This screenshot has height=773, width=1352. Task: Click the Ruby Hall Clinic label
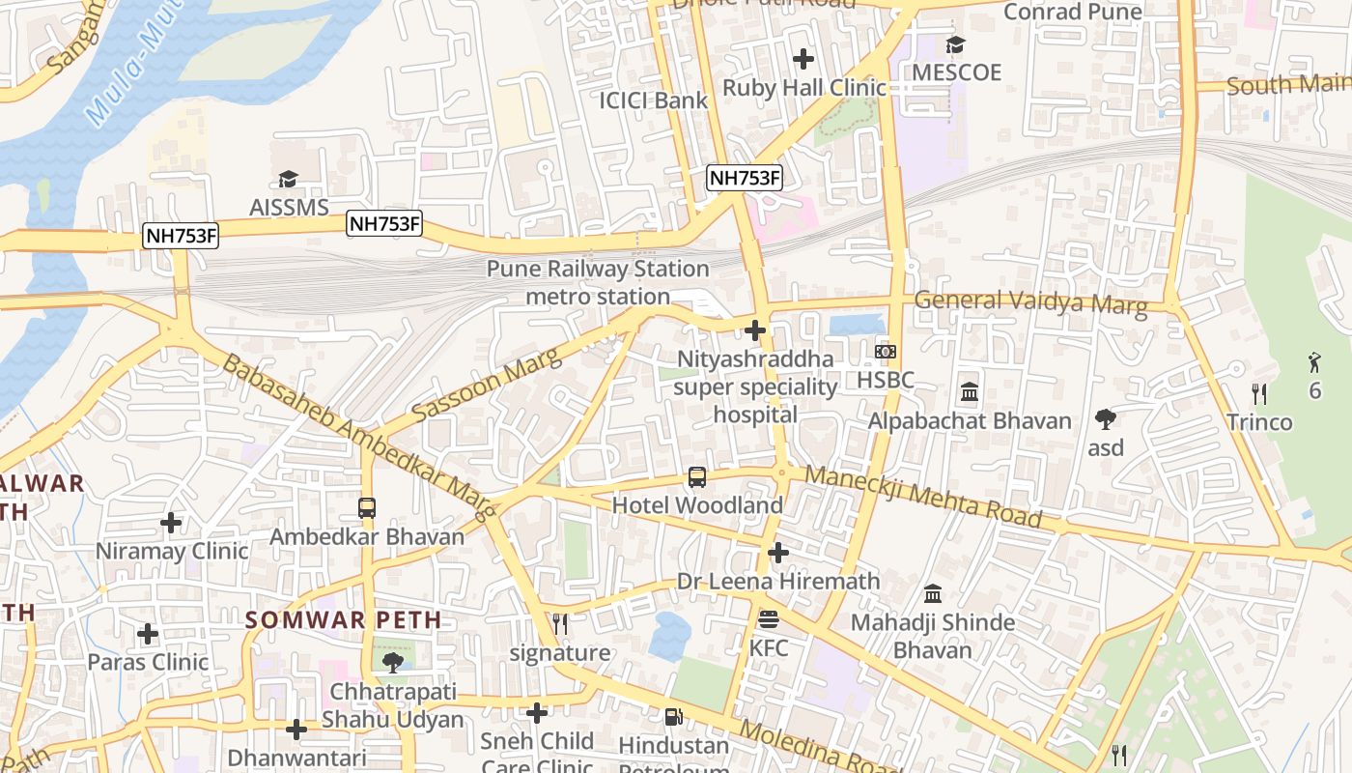(x=803, y=88)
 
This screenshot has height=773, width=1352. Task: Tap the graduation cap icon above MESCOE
(x=956, y=44)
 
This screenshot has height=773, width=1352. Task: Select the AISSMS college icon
(x=288, y=179)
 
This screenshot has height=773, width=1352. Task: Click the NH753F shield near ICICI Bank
(x=744, y=178)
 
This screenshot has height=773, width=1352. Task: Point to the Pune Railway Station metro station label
(x=598, y=282)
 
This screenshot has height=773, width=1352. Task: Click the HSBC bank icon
(x=885, y=352)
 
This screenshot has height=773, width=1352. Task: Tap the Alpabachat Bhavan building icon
(x=970, y=392)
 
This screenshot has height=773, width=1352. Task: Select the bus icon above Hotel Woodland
(x=697, y=476)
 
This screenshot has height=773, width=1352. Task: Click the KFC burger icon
(x=769, y=618)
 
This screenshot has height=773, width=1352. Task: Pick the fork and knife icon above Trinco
(x=1258, y=393)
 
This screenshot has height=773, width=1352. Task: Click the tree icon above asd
(x=1106, y=418)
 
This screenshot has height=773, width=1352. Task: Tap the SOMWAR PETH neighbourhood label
(x=343, y=620)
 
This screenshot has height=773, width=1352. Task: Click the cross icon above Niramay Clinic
(x=171, y=523)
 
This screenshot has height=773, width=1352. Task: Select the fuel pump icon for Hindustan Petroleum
(x=672, y=716)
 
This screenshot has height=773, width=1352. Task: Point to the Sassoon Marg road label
(x=486, y=386)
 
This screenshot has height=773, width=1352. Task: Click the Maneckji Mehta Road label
(x=923, y=497)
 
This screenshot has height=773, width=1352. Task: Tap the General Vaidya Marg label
(x=1030, y=303)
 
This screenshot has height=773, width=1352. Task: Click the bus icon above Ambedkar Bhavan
(x=367, y=507)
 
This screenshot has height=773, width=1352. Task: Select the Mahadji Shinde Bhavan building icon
(x=933, y=593)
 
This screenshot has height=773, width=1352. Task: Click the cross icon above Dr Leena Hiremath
(x=778, y=553)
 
